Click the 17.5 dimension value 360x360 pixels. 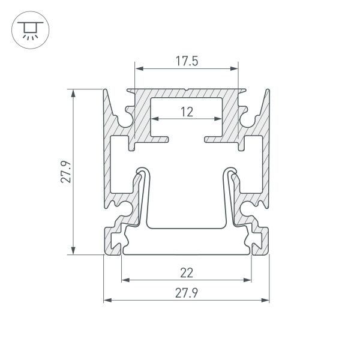click(186, 61)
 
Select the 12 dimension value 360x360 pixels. click(186, 111)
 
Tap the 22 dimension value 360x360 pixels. click(186, 273)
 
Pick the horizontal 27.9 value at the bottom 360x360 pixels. click(186, 293)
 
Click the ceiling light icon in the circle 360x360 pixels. click(27, 29)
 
